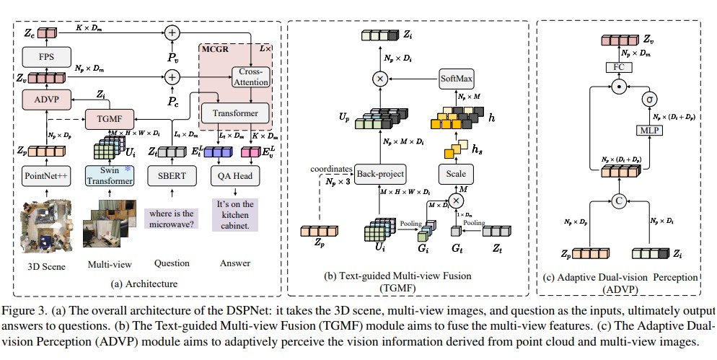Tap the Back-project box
(381, 174)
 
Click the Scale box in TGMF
(456, 174)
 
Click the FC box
(617, 67)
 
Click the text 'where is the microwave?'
(172, 219)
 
